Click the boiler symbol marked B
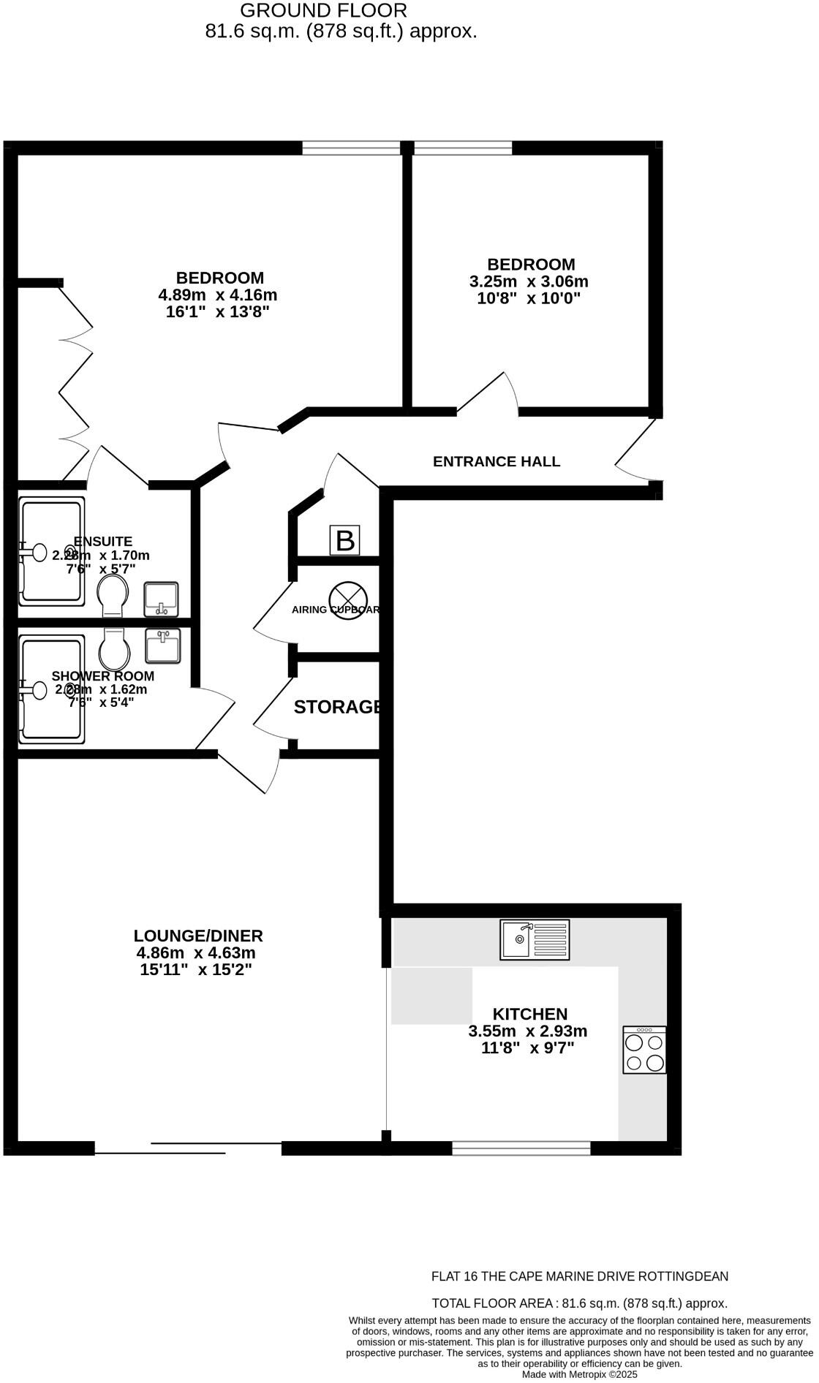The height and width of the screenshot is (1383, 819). coord(345,541)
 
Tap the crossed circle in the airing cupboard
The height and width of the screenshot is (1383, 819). coord(347,599)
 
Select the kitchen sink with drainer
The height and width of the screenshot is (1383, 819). coord(535,939)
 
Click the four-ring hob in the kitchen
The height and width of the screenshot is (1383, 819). coord(644,1050)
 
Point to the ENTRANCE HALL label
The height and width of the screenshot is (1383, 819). coord(497,461)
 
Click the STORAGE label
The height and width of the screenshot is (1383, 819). coord(338,707)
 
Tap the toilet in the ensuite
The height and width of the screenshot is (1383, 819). coord(113,594)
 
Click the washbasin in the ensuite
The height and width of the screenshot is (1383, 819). coord(161,598)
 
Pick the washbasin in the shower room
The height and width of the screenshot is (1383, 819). coord(162,646)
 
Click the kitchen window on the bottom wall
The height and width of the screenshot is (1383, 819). coord(521,1148)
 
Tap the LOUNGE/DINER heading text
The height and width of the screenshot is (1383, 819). coord(198,936)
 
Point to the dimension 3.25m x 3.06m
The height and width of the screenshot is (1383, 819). coord(529,281)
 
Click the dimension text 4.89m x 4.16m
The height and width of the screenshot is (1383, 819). coord(218,295)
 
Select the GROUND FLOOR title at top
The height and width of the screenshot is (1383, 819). coord(323,10)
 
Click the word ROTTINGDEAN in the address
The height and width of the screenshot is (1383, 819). coord(683,1276)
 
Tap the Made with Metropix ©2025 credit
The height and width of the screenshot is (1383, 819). coord(579,1374)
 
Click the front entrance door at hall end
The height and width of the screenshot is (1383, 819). coord(635,450)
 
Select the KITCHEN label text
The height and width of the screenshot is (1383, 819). coord(529,1014)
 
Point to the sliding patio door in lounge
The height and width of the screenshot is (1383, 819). coord(187,1148)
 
